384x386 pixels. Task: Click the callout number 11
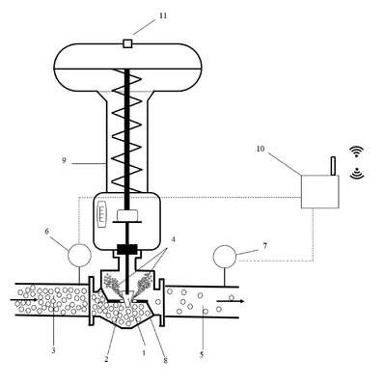[x=163, y=15]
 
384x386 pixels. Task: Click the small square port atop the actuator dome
[x=128, y=43]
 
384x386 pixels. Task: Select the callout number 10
[x=261, y=149]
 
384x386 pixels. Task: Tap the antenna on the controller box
[x=333, y=166]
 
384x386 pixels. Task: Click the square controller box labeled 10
[x=320, y=191]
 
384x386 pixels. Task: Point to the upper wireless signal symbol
[x=356, y=152]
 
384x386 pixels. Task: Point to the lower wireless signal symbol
[x=356, y=173]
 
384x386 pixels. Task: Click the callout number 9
[x=64, y=160]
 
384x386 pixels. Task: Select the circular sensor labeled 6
[x=79, y=255]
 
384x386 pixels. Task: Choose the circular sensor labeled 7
[x=225, y=257]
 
